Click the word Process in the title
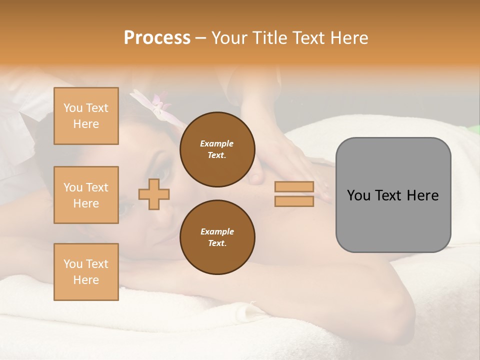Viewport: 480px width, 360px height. tap(157, 38)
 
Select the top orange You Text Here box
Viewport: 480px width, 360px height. tap(86, 116)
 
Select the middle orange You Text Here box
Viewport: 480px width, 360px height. tap(86, 195)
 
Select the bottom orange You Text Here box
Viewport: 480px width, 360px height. tap(86, 272)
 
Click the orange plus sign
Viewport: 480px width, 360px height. tap(154, 194)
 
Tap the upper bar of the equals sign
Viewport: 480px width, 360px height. tap(294, 187)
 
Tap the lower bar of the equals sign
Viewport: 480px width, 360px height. tap(294, 201)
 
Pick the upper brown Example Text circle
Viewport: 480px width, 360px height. tap(217, 149)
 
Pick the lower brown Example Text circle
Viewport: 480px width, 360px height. tap(217, 237)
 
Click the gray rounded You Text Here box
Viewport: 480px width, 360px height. tap(393, 195)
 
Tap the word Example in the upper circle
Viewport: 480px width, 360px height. tap(217, 143)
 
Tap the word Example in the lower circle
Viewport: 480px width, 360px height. tap(217, 231)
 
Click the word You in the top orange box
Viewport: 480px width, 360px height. tap(72, 108)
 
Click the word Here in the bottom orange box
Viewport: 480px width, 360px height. tap(86, 280)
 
